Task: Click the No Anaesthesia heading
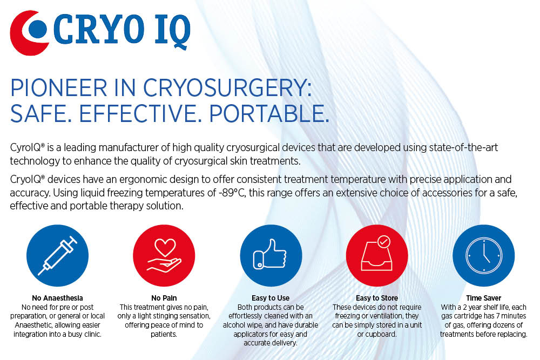pyautogui.click(x=57, y=298)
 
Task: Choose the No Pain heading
pyautogui.click(x=164, y=298)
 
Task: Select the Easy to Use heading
pyautogui.click(x=271, y=298)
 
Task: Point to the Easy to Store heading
pyautogui.click(x=377, y=298)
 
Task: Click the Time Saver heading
pyautogui.click(x=483, y=298)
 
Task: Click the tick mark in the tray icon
pyautogui.click(x=384, y=242)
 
